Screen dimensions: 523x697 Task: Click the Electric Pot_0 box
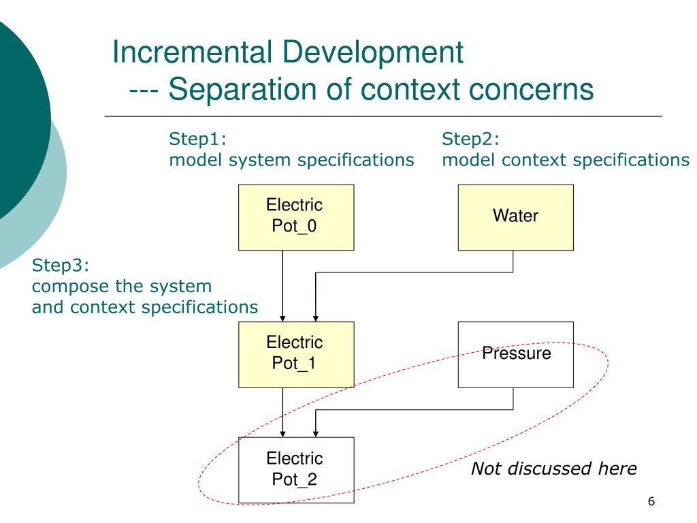[296, 217]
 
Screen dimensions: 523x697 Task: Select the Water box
[515, 217]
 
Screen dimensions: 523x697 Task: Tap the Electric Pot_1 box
[296, 353]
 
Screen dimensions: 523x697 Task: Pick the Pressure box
[515, 354]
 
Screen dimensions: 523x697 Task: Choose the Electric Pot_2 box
[296, 469]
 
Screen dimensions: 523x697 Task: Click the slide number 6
[651, 502]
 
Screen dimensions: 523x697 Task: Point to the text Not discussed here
[553, 469]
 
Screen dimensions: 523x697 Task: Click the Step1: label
[197, 140]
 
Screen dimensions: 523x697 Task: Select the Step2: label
[470, 140]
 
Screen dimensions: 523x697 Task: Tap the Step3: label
[61, 264]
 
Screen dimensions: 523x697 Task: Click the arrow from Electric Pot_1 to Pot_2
[282, 411]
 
